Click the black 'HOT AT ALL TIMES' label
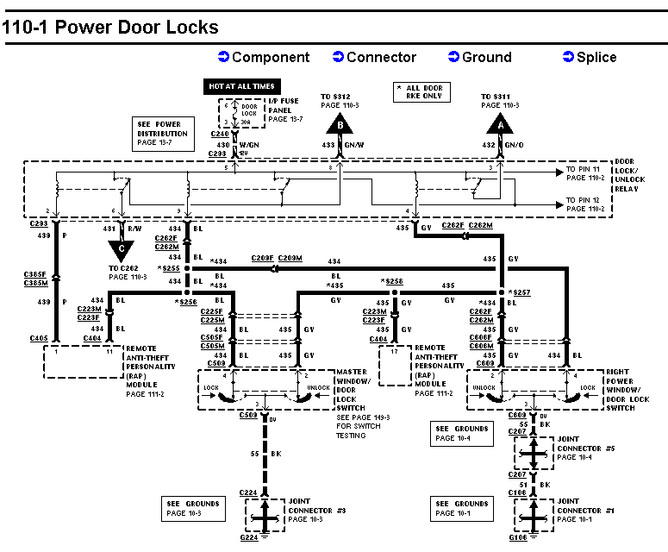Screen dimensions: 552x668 click(x=240, y=86)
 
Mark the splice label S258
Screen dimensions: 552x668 click(x=393, y=281)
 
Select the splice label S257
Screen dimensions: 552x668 click(x=521, y=292)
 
